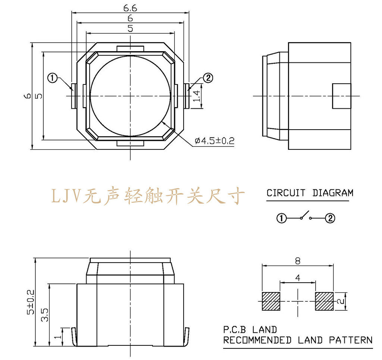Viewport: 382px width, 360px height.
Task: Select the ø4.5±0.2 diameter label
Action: pos(214,141)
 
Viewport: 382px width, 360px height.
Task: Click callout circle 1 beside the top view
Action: pos(53,78)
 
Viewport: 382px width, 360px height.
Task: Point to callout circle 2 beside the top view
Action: pos(208,78)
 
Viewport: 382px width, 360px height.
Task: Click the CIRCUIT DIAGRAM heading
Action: pos(310,193)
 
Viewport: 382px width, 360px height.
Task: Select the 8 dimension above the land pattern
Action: pos(297,261)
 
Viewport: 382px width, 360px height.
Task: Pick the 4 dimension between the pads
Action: pos(297,278)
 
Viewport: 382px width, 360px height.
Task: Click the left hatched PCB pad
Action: pos(271,301)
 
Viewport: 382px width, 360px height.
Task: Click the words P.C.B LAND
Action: pos(250,330)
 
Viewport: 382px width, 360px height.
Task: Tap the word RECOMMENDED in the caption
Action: pos(257,340)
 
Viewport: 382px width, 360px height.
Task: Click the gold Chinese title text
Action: pos(148,195)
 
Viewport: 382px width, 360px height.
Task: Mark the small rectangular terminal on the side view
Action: pos(341,96)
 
